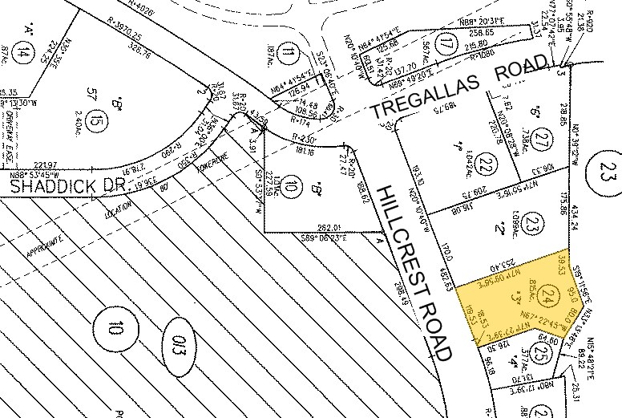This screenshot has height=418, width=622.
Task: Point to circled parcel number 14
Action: [x=26, y=54]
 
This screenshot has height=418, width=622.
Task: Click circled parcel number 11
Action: [x=288, y=55]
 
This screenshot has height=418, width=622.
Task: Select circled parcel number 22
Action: [x=484, y=164]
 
